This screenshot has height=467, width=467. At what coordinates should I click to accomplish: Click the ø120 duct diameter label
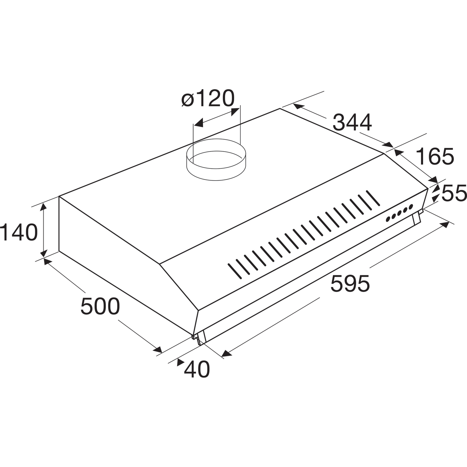(208, 99)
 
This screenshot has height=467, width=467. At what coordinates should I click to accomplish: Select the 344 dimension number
(352, 123)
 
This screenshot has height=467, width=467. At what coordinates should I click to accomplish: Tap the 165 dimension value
(435, 156)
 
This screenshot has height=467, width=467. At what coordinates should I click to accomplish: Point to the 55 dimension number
(454, 193)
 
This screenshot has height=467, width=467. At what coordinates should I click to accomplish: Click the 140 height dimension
(19, 232)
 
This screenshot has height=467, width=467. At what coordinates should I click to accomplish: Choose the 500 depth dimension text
(100, 306)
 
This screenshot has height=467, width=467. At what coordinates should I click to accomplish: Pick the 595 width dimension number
(350, 284)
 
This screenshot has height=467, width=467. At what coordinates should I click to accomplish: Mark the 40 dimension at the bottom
(197, 370)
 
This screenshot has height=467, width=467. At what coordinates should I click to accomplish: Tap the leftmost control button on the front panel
(388, 219)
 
